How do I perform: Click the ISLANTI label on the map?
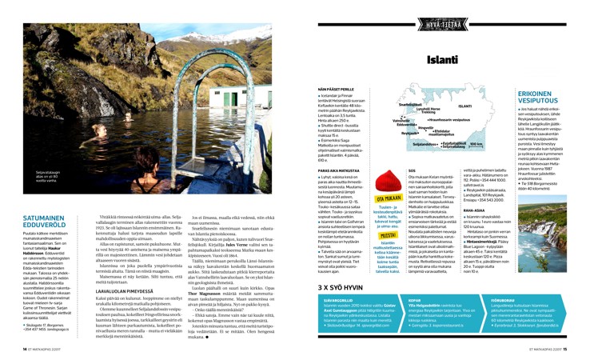464,106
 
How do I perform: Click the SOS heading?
412,170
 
